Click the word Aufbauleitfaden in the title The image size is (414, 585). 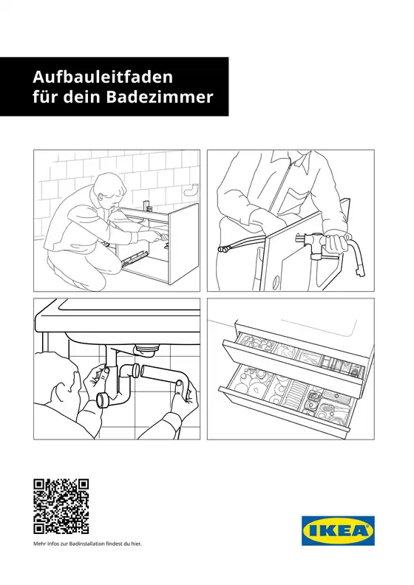102,76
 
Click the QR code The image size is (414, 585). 61,506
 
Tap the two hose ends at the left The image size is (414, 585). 221,249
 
